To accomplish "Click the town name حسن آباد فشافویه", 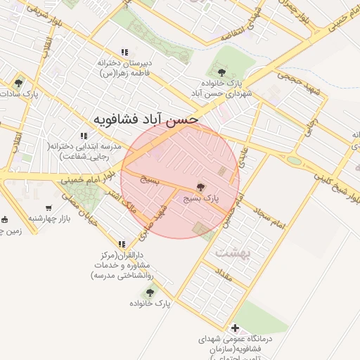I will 147,120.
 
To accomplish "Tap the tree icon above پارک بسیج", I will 201,187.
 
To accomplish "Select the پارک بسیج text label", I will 202,199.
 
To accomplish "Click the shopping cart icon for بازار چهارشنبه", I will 49,209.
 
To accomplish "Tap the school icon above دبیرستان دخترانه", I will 124,52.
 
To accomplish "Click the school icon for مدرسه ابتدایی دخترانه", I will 84,136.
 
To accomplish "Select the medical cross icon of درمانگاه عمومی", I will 235,327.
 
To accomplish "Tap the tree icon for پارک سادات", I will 18,82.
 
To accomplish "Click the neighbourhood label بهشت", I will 229,251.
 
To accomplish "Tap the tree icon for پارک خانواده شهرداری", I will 222,72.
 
